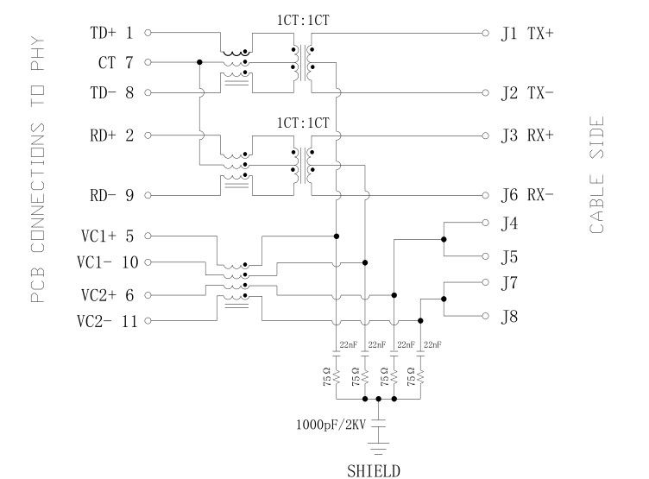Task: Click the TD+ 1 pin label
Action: pos(112,34)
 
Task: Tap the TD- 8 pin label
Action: pos(112,92)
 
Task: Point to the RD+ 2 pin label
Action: pos(112,136)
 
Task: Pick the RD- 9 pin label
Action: pos(112,195)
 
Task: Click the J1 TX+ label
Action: pos(527,34)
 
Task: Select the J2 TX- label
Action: pos(527,92)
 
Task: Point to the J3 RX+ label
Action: pos(527,136)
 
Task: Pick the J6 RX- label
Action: pos(527,195)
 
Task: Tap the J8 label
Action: pos(511,318)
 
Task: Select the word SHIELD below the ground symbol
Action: pos(373,471)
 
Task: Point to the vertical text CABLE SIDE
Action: pos(596,175)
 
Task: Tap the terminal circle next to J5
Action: pos(485,256)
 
